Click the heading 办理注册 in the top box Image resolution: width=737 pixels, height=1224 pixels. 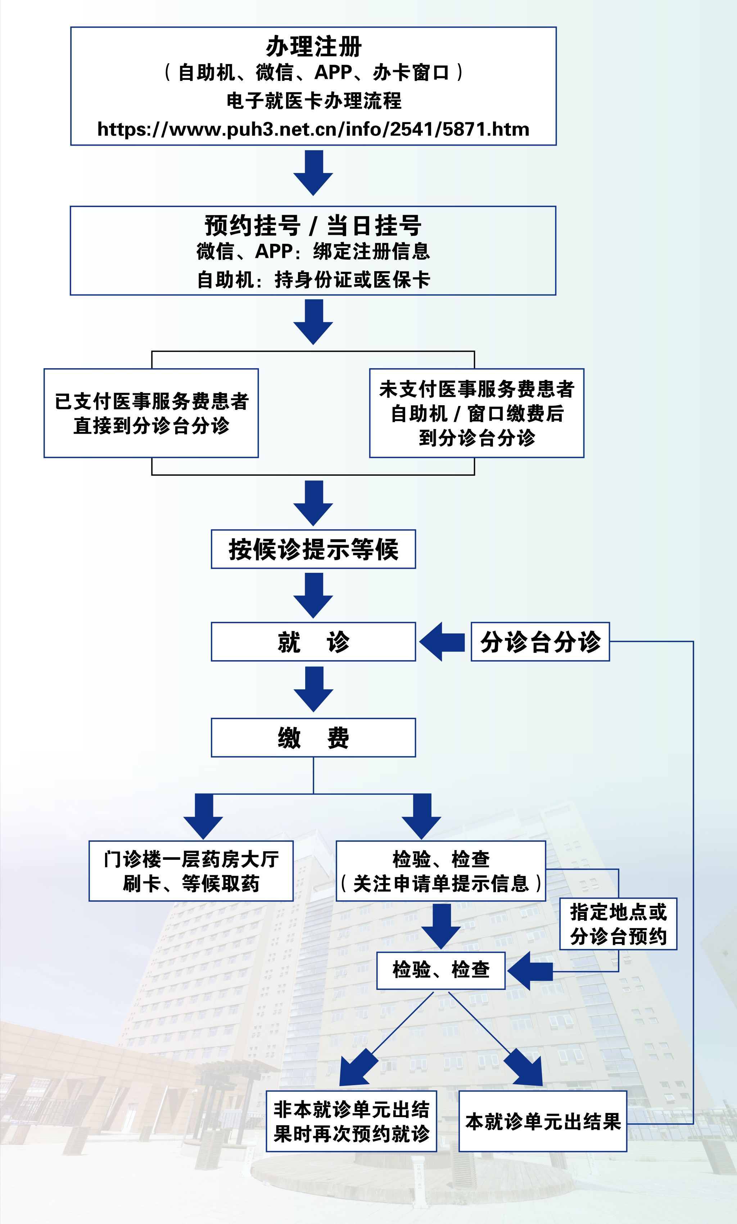click(313, 47)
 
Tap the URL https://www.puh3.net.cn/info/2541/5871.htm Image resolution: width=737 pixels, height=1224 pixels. click(313, 129)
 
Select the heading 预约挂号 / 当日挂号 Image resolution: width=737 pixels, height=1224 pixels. click(313, 226)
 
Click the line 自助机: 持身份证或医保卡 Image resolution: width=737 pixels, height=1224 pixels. click(313, 280)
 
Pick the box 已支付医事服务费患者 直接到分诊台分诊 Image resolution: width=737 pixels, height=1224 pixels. click(151, 413)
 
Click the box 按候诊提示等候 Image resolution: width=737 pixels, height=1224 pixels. click(313, 549)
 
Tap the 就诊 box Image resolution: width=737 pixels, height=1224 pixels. click(313, 641)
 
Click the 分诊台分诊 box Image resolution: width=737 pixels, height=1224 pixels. click(540, 641)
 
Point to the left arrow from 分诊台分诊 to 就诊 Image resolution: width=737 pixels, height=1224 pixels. click(442, 641)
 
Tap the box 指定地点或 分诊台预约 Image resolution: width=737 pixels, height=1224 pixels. click(618, 924)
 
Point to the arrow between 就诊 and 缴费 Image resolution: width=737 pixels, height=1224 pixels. click(313, 688)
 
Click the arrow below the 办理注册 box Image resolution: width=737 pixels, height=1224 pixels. click(313, 172)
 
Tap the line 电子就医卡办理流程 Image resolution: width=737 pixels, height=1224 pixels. click(313, 101)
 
